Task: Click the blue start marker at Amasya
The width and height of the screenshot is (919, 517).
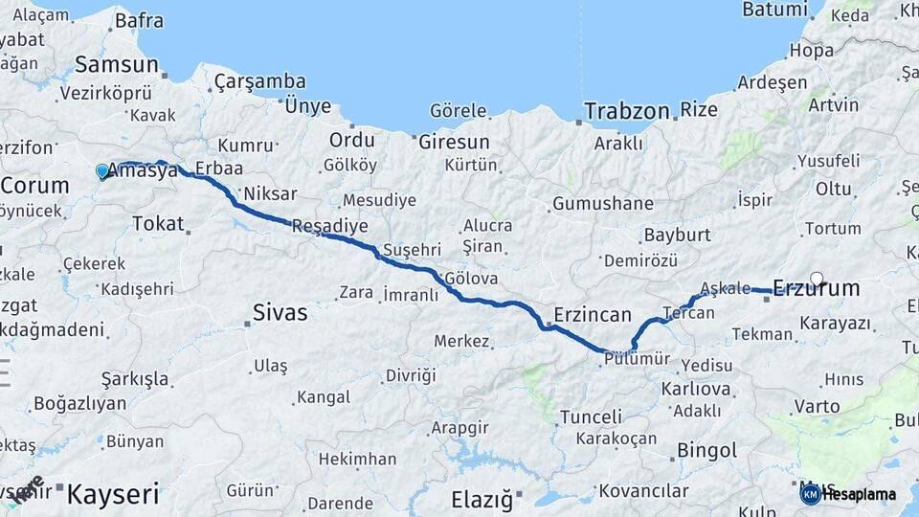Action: pyautogui.click(x=102, y=171)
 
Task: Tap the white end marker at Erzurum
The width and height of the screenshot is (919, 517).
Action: pyautogui.click(x=817, y=280)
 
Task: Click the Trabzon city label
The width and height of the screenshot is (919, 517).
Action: pyautogui.click(x=627, y=111)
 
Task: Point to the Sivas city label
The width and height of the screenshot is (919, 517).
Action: pyautogui.click(x=280, y=312)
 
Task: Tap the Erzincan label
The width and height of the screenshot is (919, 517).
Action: pyautogui.click(x=593, y=315)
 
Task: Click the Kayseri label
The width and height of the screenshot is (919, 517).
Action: pyautogui.click(x=112, y=494)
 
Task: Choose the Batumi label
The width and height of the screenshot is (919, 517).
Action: pyautogui.click(x=774, y=10)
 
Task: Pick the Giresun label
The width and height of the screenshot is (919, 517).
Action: pyautogui.click(x=454, y=142)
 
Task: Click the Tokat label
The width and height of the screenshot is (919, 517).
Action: pyautogui.click(x=158, y=223)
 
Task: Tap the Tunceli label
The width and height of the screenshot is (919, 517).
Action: pyautogui.click(x=591, y=416)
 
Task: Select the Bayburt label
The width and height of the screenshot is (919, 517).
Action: pyautogui.click(x=677, y=235)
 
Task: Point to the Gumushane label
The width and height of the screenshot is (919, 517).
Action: pyautogui.click(x=603, y=204)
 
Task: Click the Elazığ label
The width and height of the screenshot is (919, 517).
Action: pyautogui.click(x=482, y=499)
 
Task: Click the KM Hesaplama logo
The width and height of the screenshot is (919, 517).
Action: pyautogui.click(x=848, y=494)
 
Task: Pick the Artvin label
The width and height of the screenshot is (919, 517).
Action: pyautogui.click(x=833, y=104)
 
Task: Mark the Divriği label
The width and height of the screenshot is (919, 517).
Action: pyautogui.click(x=411, y=375)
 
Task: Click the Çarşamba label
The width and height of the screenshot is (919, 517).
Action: pyautogui.click(x=260, y=81)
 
